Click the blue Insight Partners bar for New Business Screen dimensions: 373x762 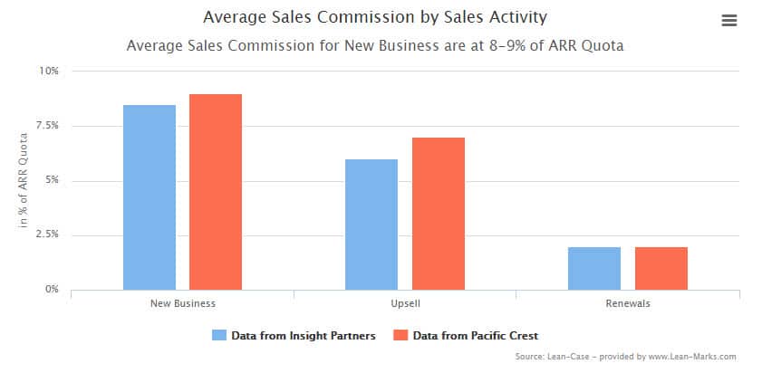tap(150, 197)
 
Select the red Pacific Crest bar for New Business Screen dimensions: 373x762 tap(216, 192)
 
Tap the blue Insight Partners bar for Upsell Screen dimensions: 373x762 tap(371, 225)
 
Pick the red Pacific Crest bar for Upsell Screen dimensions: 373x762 tap(438, 214)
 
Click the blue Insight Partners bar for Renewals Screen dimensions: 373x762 tap(594, 268)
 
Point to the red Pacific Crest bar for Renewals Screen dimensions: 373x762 tap(661, 268)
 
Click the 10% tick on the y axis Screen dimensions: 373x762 tap(48, 71)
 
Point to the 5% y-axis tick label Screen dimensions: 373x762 tap(51, 180)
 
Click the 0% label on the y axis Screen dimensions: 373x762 tap(51, 290)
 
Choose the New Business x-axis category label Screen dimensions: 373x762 tap(182, 303)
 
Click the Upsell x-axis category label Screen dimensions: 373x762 tap(405, 303)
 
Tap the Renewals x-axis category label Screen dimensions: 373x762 tap(627, 303)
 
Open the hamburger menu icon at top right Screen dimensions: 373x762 tap(728, 21)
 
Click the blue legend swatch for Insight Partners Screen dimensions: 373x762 tap(218, 335)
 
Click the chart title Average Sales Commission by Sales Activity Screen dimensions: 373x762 tap(375, 17)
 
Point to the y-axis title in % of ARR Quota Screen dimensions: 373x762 tap(25, 180)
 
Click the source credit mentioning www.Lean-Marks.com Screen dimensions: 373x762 tap(624, 357)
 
